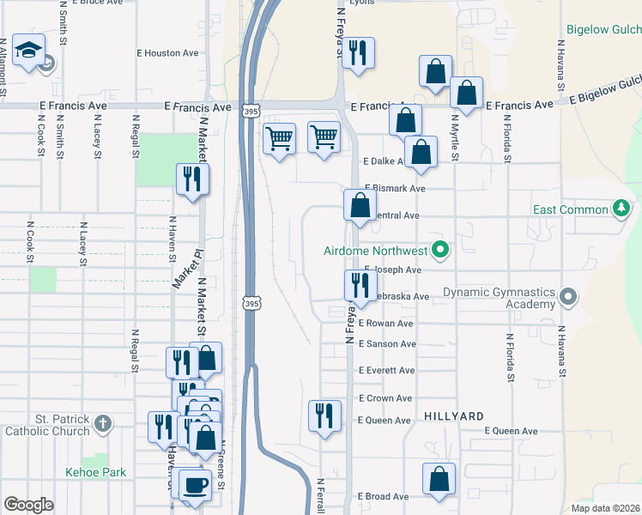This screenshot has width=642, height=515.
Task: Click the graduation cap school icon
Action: tap(30, 51)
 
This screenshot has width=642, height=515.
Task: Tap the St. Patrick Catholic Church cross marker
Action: tap(102, 423)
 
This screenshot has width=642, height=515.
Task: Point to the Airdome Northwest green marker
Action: tap(440, 251)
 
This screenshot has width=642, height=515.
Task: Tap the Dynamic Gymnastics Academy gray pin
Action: tap(567, 298)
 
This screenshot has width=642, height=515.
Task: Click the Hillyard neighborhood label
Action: tap(454, 415)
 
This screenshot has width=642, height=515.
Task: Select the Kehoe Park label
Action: tap(95, 472)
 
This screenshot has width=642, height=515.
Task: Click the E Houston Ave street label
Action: tap(167, 53)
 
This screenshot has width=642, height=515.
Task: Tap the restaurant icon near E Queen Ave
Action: tap(324, 415)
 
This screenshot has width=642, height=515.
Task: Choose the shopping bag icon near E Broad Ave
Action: tap(439, 478)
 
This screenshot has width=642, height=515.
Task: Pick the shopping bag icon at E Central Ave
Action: tap(360, 204)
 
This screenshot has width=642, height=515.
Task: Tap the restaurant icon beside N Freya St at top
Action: tap(359, 52)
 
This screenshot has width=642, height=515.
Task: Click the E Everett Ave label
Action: tap(387, 371)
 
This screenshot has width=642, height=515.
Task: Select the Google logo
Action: tap(28, 505)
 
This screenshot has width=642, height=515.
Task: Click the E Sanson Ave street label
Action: tap(387, 344)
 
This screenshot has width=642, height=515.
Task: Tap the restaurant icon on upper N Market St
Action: tap(191, 179)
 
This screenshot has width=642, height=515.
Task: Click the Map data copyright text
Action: tap(605, 508)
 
